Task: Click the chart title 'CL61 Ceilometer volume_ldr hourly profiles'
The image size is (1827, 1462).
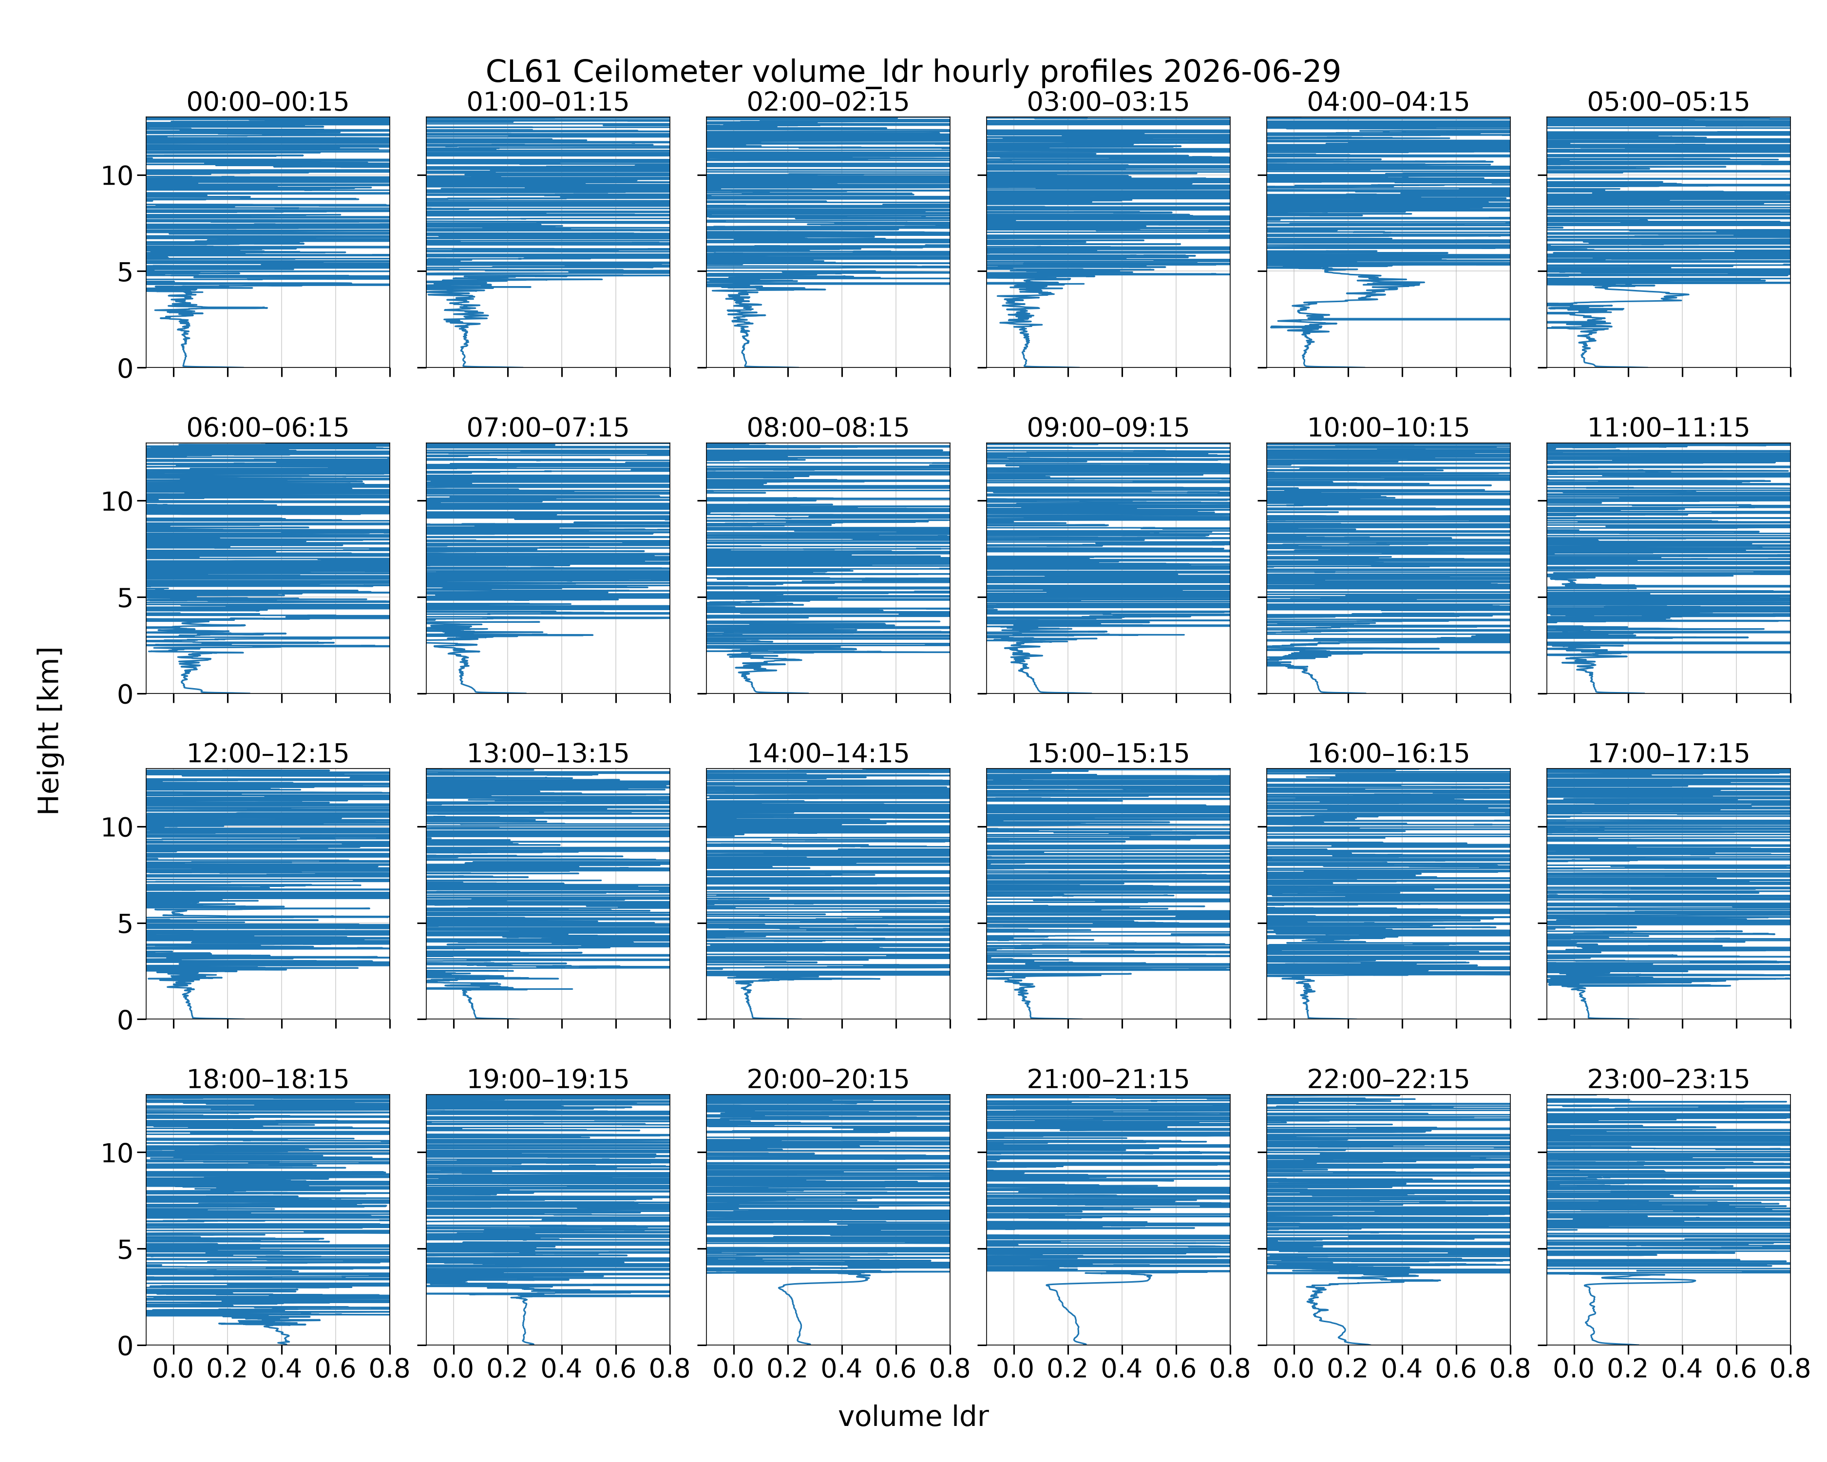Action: [x=819, y=71]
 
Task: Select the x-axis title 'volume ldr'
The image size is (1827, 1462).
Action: [x=913, y=1416]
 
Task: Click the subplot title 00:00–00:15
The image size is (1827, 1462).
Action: [x=268, y=102]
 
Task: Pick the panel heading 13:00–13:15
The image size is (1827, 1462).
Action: [x=548, y=753]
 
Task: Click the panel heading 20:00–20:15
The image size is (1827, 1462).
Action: [x=828, y=1079]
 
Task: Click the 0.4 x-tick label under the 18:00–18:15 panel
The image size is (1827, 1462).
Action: [x=281, y=1369]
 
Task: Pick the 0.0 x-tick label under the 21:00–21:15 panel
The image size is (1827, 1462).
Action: [x=1013, y=1369]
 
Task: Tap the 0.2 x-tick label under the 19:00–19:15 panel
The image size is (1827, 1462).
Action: [x=508, y=1369]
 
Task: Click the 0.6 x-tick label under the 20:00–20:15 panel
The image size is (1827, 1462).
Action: [x=895, y=1369]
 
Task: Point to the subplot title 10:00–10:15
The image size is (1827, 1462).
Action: [x=1388, y=427]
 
